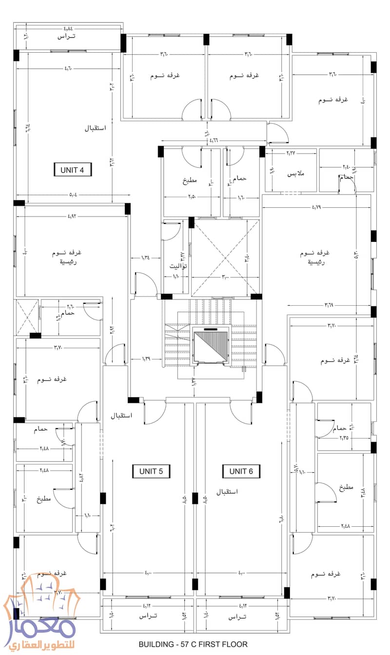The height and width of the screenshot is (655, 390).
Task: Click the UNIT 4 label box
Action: [x=73, y=170]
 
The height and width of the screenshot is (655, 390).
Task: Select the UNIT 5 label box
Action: [x=151, y=471]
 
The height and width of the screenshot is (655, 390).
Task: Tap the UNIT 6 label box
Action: [x=241, y=471]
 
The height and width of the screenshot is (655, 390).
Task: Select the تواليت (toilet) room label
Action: [x=178, y=266]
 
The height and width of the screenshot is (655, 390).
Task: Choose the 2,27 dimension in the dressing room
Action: [x=290, y=153]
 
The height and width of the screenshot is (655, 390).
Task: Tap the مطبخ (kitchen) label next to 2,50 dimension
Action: [x=190, y=180]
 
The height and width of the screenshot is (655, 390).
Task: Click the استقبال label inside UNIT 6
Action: [x=226, y=491]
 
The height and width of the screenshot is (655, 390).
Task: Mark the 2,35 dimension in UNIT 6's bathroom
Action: [x=348, y=438]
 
